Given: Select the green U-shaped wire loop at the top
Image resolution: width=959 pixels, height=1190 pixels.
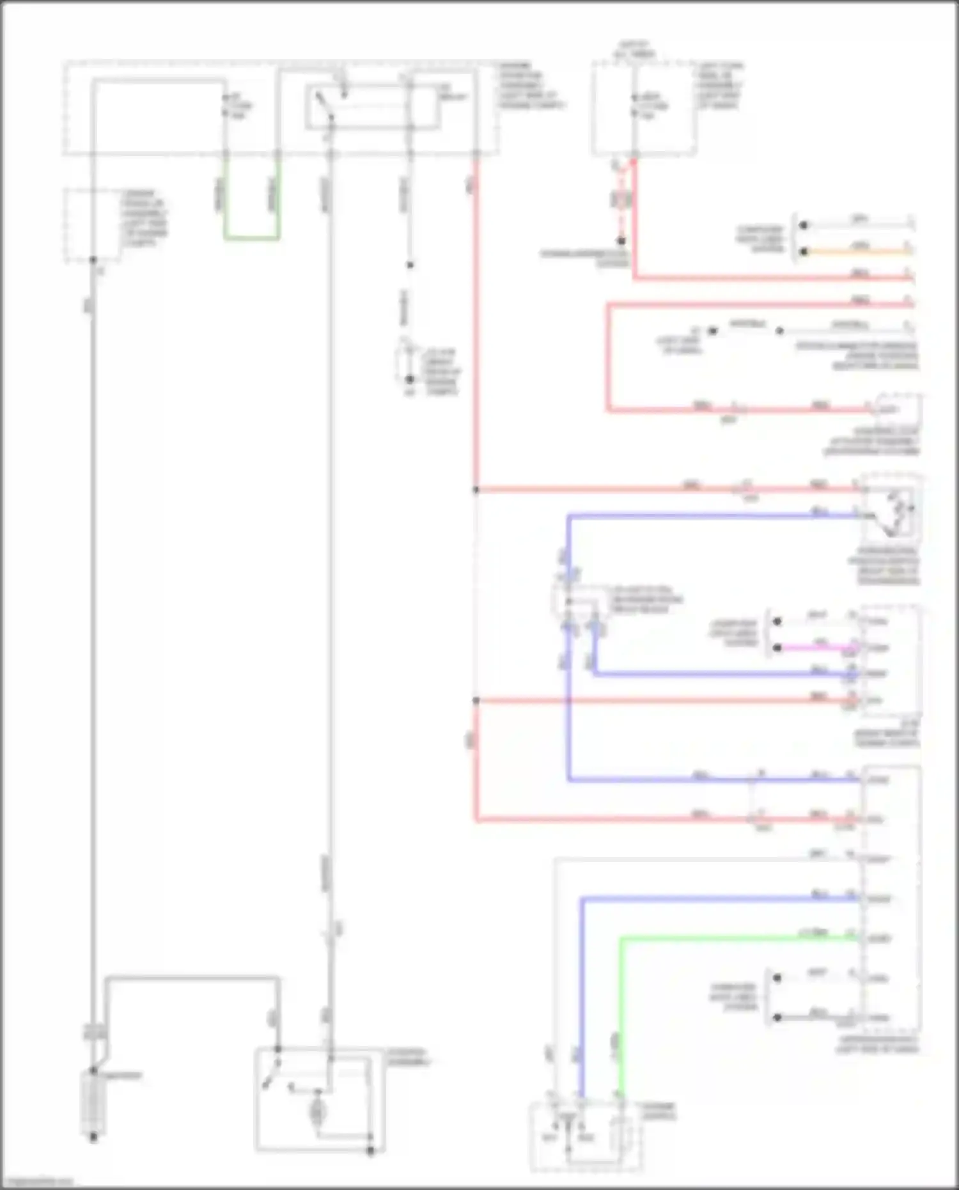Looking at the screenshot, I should (x=251, y=238).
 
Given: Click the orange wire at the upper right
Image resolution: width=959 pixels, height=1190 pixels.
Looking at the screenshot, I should (x=857, y=252).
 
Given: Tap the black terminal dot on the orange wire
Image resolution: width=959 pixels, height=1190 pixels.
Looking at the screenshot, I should (x=804, y=252).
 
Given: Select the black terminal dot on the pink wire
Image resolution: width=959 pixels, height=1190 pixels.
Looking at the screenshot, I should (x=777, y=648).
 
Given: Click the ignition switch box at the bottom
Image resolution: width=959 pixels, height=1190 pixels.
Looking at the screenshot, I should (x=586, y=1136).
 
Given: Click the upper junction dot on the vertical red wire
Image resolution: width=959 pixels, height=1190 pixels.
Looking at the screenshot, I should (x=476, y=490).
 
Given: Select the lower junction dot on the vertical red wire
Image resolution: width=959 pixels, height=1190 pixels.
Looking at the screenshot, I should (x=476, y=701).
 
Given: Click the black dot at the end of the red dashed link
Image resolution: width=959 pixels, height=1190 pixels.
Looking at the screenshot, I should (x=621, y=241).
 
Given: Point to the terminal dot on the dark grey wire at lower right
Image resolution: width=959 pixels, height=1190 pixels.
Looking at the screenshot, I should (x=777, y=1017).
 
